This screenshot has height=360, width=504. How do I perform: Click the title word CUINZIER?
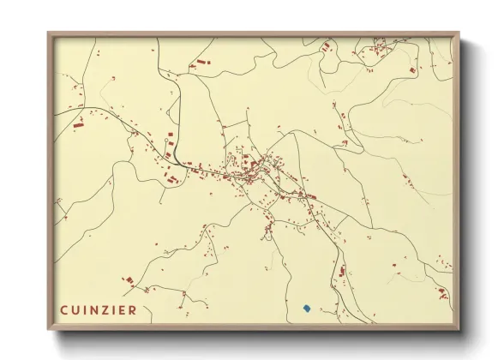click(98, 310)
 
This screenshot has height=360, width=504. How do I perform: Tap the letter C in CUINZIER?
click(63, 310)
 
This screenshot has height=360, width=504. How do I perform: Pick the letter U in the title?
click(75, 310)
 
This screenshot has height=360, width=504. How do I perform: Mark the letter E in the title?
click(121, 310)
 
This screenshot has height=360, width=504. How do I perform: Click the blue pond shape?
click(306, 307)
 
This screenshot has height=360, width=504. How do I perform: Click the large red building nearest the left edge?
click(77, 125)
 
